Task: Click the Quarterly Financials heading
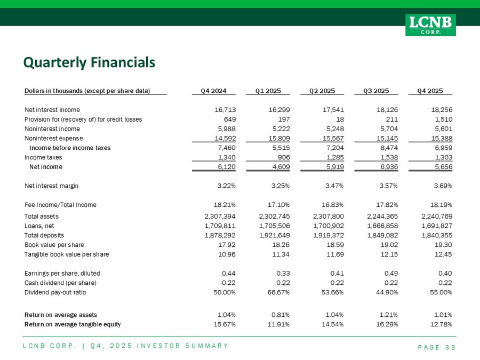[89, 63]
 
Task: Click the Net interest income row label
[52, 109]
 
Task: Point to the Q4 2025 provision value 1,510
[443, 119]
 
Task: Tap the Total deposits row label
[45, 235]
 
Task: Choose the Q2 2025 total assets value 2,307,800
[329, 216]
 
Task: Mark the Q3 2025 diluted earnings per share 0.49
[391, 273]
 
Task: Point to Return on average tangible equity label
[73, 324]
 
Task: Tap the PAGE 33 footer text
[436, 348]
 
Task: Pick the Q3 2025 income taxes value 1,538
[389, 157]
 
